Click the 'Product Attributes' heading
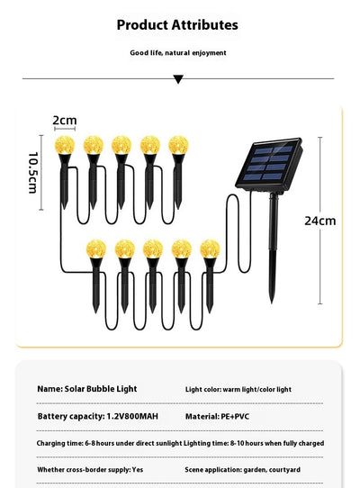pos(177,25)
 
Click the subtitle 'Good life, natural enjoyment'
pos(178,53)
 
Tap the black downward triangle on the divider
pos(178,79)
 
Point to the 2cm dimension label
pos(65,120)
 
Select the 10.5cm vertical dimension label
pos(33,173)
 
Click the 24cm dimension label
pos(320,221)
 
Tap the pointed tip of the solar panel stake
pos(272,302)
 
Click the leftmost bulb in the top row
pos(65,145)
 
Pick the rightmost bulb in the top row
pos(178,145)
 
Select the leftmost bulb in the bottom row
pos(96,249)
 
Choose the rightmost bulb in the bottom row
pos(210,249)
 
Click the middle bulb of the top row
pos(121,145)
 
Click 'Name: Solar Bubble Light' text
pos(87,389)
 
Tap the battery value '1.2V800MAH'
pos(132,416)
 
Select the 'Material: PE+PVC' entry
pos(217,416)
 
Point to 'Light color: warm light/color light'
pos(238,389)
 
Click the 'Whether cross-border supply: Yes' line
pos(90,470)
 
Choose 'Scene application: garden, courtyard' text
pos(243,470)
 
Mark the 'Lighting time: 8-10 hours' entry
pos(254,443)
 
